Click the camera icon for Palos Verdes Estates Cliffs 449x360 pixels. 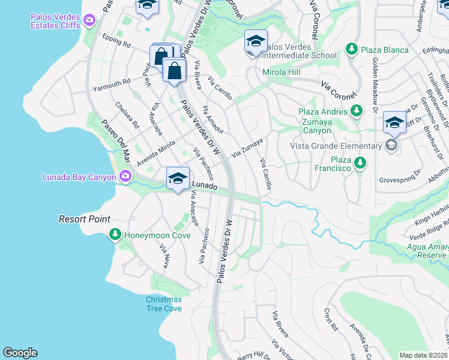[89, 21]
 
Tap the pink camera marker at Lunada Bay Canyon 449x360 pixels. [125, 176]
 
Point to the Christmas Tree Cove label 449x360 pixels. [163, 304]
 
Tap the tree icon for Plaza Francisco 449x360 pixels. [360, 163]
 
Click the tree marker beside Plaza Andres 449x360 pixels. [357, 111]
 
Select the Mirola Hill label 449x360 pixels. [282, 72]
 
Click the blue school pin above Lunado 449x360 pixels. [178, 179]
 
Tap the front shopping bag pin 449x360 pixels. [174, 71]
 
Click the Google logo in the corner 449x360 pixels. [20, 353]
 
